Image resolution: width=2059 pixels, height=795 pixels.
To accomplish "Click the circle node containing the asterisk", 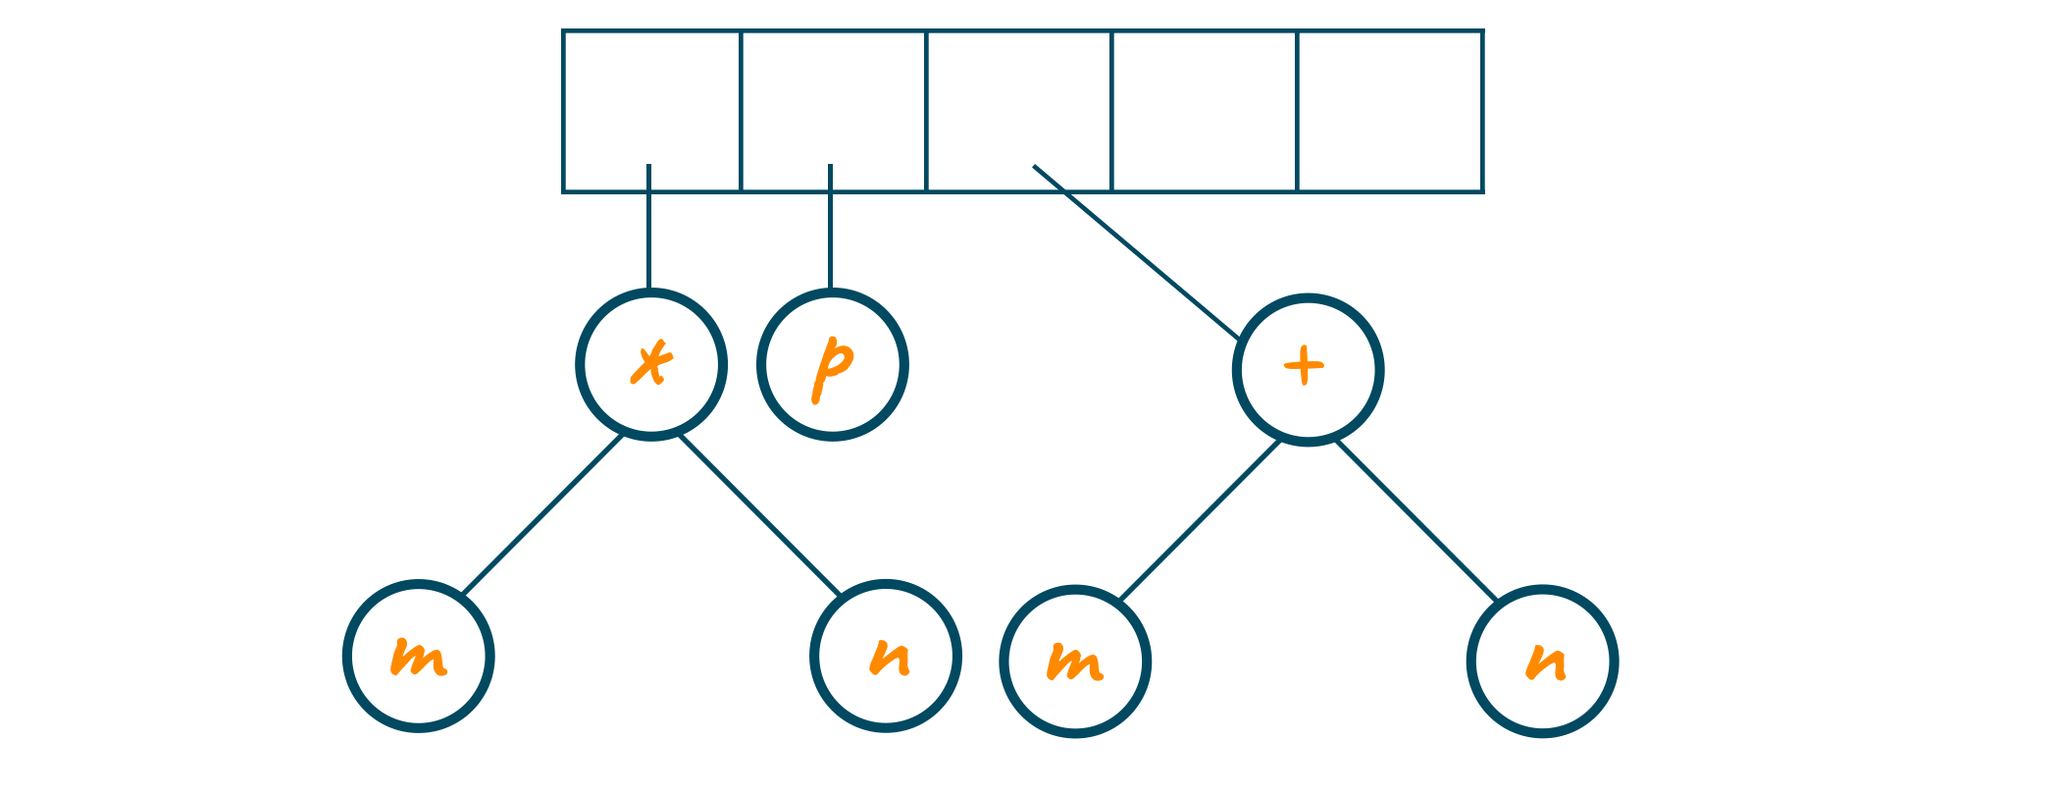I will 651,364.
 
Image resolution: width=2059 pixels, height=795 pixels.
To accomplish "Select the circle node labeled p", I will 832,365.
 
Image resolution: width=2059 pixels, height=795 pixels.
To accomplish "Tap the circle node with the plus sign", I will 1308,370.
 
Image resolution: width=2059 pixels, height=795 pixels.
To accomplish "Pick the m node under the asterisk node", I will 419,656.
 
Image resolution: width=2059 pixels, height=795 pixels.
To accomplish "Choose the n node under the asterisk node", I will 886,656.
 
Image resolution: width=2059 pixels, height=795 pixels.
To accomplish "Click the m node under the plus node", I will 1075,662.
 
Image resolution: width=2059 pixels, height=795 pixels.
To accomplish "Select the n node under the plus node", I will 1542,662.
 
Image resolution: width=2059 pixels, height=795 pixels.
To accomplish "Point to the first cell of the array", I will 651,98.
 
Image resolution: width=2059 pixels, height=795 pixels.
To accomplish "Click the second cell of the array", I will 834,98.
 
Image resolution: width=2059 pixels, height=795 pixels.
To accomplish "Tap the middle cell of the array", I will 1019,98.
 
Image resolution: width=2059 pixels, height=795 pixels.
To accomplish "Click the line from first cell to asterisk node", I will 648,231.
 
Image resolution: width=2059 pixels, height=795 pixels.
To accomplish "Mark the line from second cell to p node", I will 830,231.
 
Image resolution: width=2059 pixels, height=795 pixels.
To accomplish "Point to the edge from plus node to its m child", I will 1200,520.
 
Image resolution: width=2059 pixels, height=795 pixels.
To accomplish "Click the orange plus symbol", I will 1305,367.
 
